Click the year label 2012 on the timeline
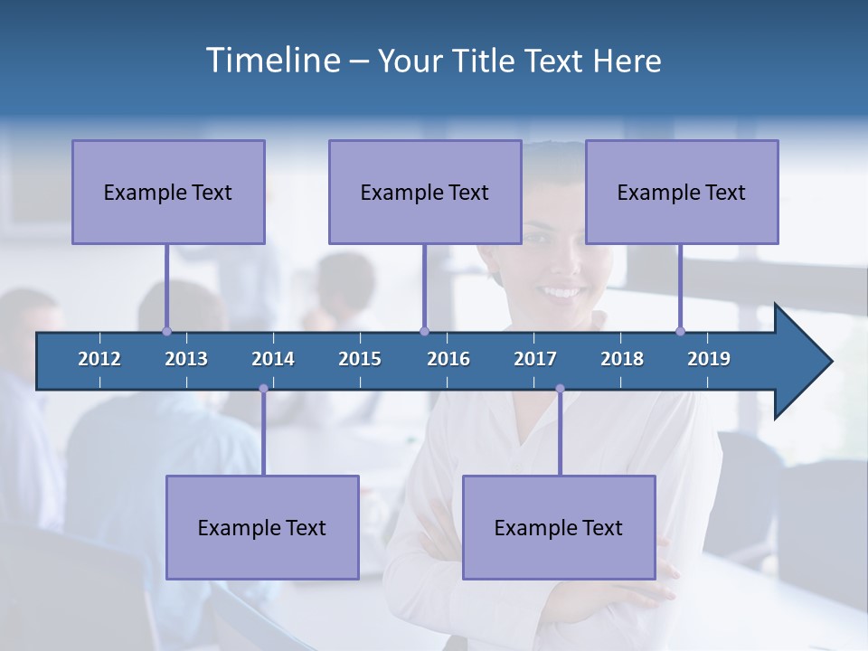click(99, 359)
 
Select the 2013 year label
click(186, 359)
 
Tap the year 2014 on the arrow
click(273, 359)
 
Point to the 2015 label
click(360, 359)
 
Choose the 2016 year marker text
click(448, 359)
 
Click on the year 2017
click(535, 359)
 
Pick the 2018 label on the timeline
click(622, 359)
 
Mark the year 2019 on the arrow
click(709, 359)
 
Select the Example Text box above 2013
click(168, 192)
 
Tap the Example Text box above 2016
click(425, 192)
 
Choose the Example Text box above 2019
click(682, 192)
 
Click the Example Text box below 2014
click(262, 527)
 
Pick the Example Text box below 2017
click(559, 527)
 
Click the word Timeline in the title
click(272, 61)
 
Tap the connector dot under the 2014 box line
click(263, 389)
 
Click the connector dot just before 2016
click(425, 331)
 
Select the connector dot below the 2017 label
click(560, 389)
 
